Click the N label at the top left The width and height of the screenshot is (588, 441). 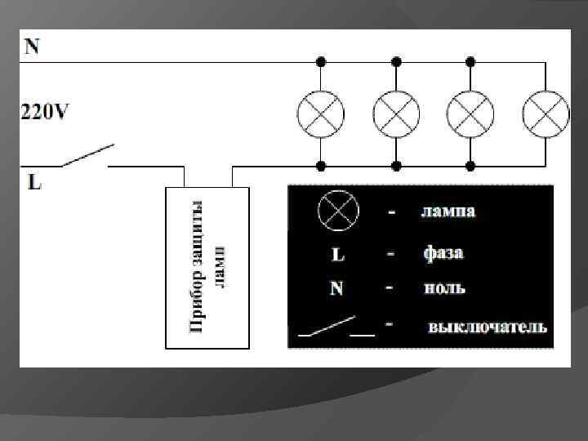tap(32, 46)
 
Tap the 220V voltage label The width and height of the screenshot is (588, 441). tap(46, 112)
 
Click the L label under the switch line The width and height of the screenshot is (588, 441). tap(34, 182)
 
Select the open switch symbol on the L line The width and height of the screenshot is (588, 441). tap(86, 156)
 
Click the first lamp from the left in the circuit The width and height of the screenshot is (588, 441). tap(321, 114)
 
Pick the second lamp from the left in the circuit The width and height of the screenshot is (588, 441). tap(396, 114)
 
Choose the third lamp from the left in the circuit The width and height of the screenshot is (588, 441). tap(470, 114)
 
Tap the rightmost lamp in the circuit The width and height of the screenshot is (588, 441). tap(546, 114)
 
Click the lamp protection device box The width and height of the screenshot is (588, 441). tap(208, 268)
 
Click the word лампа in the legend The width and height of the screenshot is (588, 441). tap(448, 212)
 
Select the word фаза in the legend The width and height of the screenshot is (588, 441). tap(443, 253)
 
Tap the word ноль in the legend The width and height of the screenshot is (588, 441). tap(444, 288)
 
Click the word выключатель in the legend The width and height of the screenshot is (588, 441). tap(487, 327)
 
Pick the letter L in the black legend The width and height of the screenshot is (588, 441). tap(337, 255)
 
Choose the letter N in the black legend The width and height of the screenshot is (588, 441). tap(337, 289)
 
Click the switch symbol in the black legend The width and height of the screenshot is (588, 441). tap(336, 327)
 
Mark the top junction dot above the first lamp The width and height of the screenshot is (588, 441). tap(321, 61)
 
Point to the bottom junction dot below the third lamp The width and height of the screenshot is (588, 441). tap(470, 166)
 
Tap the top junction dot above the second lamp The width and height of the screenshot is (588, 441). tap(396, 61)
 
